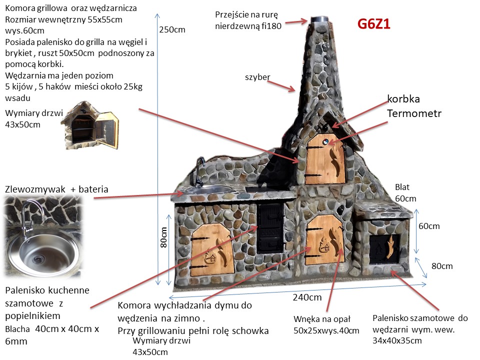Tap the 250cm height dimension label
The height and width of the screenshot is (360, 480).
[172, 29]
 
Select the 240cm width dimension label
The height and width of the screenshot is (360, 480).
[307, 297]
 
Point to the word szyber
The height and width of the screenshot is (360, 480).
[257, 77]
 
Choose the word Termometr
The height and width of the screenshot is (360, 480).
[414, 113]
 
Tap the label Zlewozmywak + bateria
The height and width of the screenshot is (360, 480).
[56, 189]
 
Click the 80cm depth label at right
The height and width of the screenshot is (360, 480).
[442, 266]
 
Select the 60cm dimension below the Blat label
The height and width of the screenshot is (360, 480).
[429, 226]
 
